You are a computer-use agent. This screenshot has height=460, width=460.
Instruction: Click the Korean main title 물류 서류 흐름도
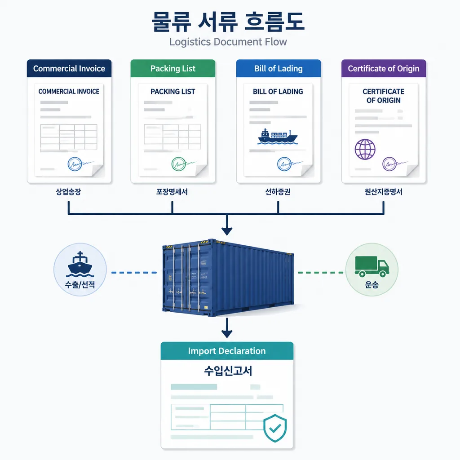click(228, 22)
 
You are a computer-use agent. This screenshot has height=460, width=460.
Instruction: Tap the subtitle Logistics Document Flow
click(228, 42)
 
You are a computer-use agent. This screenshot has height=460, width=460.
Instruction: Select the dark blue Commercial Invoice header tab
click(69, 68)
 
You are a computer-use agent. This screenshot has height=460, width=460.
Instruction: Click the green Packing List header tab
click(173, 68)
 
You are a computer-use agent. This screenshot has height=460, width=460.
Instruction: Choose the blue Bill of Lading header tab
click(279, 68)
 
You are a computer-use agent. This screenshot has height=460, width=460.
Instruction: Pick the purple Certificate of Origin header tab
click(384, 68)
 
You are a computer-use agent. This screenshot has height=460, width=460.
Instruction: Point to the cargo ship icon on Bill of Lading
click(277, 137)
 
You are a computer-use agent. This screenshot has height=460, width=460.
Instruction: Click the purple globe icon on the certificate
click(365, 149)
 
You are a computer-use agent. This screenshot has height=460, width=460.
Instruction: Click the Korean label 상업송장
click(68, 192)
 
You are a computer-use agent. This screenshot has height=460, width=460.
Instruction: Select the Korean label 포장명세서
click(172, 192)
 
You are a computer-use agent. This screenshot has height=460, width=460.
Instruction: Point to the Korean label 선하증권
click(278, 192)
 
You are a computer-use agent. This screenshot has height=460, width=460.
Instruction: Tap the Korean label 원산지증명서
click(384, 192)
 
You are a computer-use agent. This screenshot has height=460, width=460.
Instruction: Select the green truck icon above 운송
click(372, 266)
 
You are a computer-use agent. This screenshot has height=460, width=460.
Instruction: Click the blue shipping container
click(228, 278)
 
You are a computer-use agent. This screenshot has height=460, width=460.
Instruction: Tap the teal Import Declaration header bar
click(227, 351)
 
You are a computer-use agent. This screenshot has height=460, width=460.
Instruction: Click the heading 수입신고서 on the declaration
click(228, 371)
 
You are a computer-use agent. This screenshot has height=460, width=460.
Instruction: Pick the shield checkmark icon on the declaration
click(275, 428)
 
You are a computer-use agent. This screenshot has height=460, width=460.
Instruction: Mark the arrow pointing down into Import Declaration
click(227, 328)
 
